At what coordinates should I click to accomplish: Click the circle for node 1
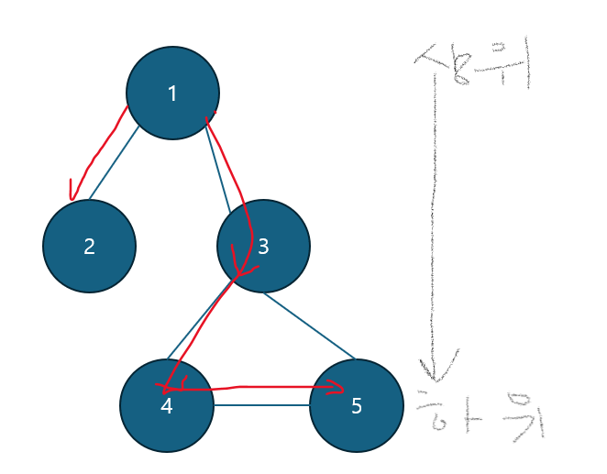(172, 93)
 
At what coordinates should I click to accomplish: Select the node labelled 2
(89, 246)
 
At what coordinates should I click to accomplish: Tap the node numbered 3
(263, 246)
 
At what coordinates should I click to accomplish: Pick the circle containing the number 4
(166, 405)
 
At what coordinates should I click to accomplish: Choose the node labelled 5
(356, 406)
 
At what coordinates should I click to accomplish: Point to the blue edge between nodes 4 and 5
(261, 405)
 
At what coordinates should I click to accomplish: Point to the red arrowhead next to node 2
(71, 193)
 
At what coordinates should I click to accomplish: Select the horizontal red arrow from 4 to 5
(257, 389)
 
